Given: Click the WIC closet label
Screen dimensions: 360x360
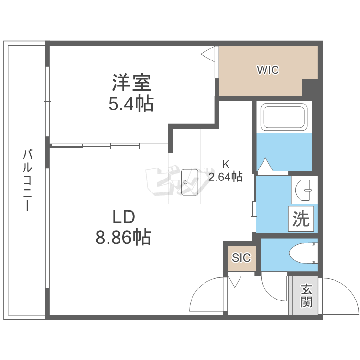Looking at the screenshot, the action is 268,70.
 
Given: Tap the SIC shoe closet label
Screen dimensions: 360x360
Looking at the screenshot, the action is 241,258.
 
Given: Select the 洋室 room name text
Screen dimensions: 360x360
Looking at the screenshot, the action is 132,83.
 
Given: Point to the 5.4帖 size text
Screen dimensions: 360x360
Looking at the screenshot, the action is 131,103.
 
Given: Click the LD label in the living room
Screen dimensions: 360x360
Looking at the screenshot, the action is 124,217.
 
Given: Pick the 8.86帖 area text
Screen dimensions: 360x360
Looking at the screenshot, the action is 123,237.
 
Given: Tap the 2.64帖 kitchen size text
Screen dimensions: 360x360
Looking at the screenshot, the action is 225,177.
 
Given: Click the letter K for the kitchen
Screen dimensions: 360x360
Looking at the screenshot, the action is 226,164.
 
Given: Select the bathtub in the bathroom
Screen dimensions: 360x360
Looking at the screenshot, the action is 284,117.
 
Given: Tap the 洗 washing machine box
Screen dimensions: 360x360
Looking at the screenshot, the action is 301,218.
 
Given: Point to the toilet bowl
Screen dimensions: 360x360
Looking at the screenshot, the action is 303,254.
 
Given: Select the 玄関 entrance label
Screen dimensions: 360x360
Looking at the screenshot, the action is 306,295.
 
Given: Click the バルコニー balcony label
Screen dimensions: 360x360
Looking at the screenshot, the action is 27,180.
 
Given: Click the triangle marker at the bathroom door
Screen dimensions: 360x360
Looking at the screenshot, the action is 265,164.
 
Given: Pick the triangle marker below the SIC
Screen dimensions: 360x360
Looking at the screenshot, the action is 235,281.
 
